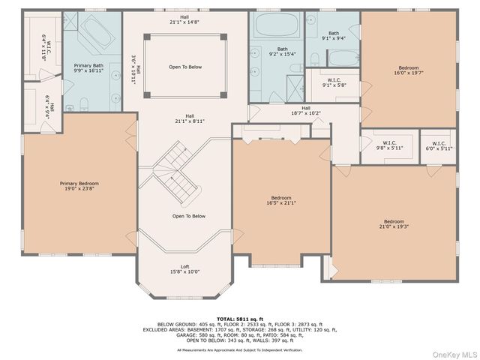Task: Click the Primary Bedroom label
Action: (x=79, y=186)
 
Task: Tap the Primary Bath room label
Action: (x=88, y=68)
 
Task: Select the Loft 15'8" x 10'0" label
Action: (x=185, y=268)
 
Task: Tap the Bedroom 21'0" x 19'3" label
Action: (x=394, y=223)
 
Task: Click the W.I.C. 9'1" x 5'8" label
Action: (x=334, y=82)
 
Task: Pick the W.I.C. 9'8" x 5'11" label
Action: (x=389, y=145)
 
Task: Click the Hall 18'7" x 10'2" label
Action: (x=306, y=111)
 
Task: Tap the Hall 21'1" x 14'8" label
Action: (x=184, y=19)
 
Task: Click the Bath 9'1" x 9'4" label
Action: (x=332, y=35)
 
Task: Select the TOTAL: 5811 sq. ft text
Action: (x=240, y=319)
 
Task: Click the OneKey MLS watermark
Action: (x=451, y=353)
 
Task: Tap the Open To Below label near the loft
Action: (x=188, y=216)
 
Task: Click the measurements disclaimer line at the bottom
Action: (x=240, y=349)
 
